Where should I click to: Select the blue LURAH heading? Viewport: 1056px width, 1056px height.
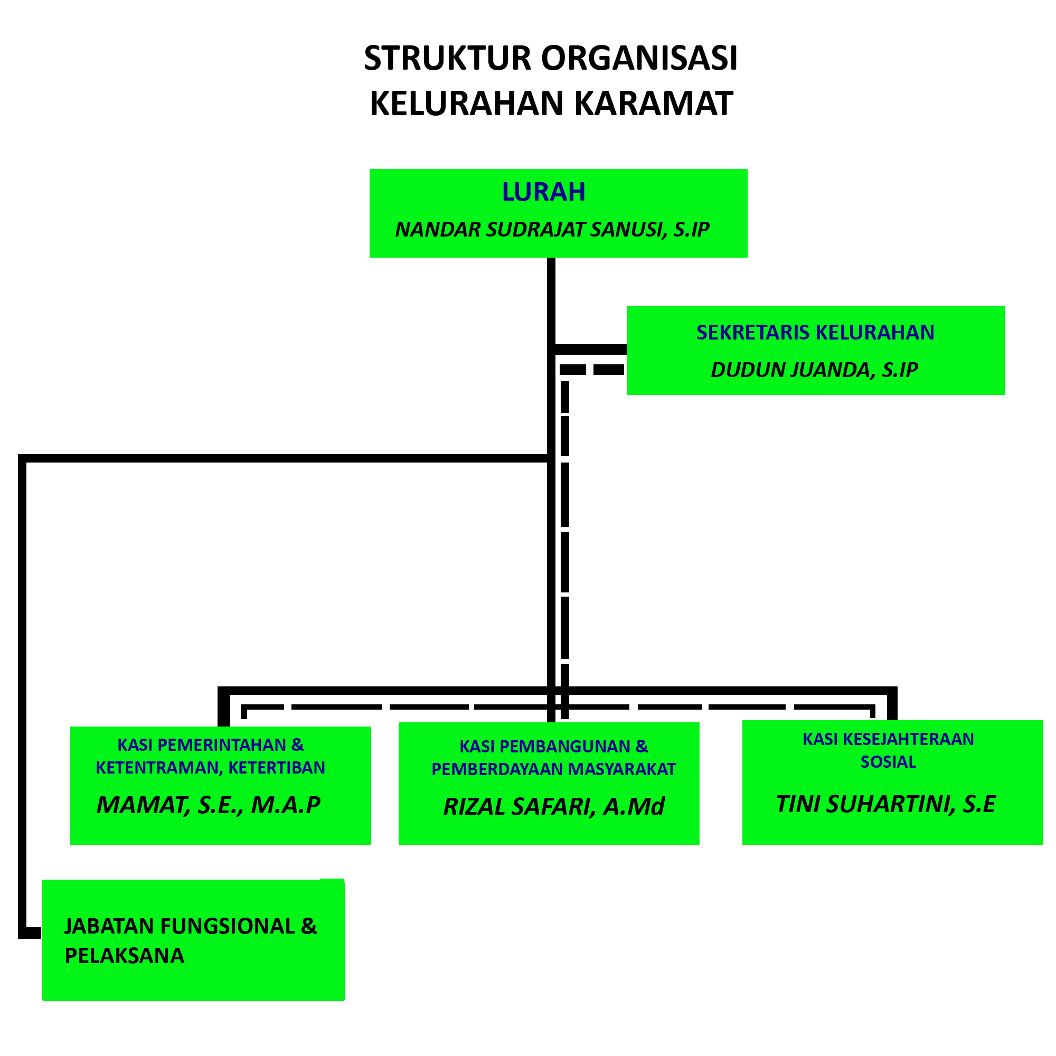click(x=543, y=192)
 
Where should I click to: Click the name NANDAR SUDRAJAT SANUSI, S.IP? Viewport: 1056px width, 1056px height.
click(x=552, y=230)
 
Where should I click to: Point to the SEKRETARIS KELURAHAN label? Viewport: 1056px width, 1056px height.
click(x=815, y=332)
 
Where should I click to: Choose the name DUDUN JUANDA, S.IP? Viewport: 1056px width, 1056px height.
click(x=814, y=370)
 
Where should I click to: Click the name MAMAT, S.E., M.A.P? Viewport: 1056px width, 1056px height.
click(x=208, y=805)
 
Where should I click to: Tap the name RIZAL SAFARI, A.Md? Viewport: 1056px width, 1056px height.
click(x=554, y=807)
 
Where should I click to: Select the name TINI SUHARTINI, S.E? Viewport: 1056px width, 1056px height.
click(x=885, y=804)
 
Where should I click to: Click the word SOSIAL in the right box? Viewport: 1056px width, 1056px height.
click(x=888, y=761)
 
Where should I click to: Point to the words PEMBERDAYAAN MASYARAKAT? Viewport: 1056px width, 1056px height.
click(x=553, y=769)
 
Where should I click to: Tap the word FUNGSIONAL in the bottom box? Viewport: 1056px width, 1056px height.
click(x=228, y=927)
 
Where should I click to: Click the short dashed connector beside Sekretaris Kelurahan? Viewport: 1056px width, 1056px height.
click(x=592, y=370)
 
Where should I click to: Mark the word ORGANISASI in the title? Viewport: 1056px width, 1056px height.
click(x=639, y=58)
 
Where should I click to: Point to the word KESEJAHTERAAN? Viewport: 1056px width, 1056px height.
click(x=908, y=739)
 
